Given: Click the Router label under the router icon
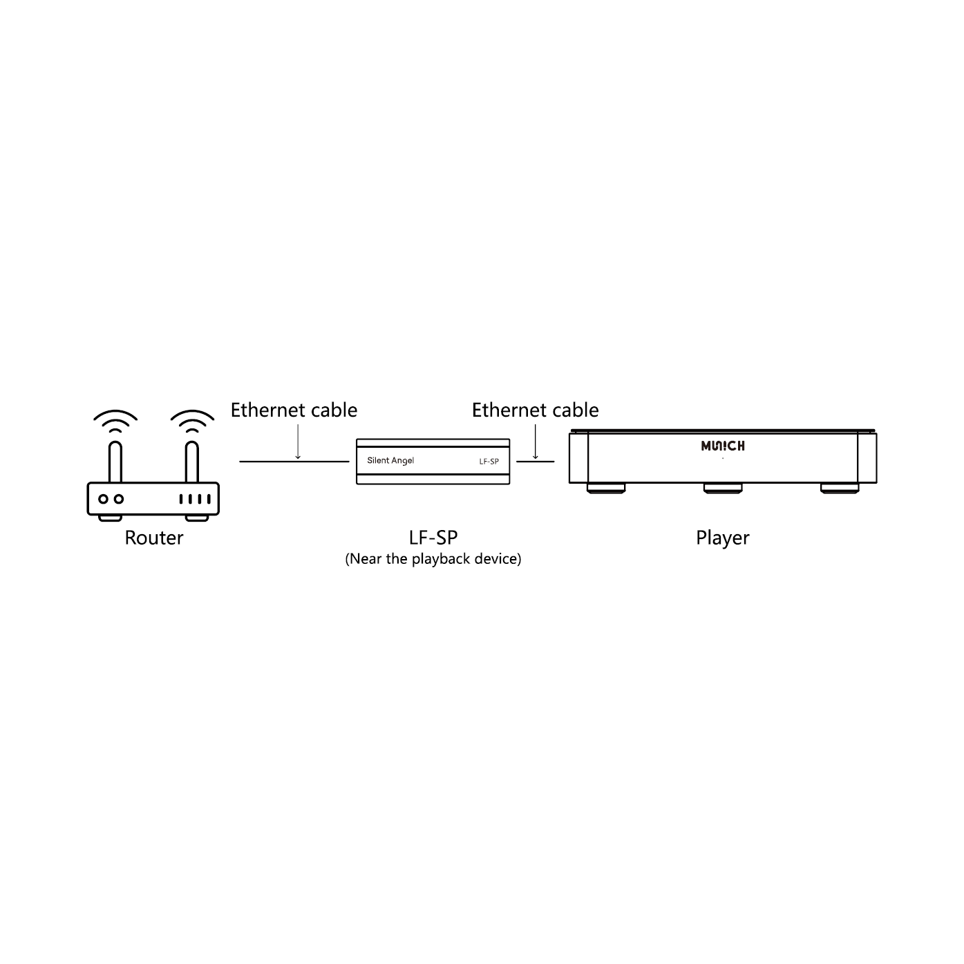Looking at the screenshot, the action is click(153, 538).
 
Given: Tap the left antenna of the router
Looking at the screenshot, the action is click(115, 462).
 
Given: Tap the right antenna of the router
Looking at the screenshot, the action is click(192, 462).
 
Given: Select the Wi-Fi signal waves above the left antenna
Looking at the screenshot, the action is click(115, 421).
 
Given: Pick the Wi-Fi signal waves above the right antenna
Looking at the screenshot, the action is click(192, 421).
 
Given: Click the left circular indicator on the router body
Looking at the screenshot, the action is click(103, 499).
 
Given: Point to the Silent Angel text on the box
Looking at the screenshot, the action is click(390, 461).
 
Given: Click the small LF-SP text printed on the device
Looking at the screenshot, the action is click(489, 461).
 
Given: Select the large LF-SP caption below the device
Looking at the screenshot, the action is click(433, 537).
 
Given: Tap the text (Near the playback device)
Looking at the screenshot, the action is click(433, 559).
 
